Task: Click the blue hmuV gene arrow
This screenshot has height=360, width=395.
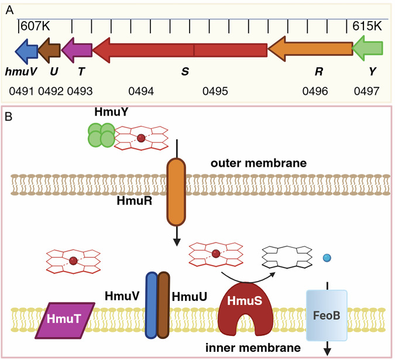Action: [27, 51]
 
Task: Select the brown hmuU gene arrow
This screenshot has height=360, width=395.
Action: [49, 50]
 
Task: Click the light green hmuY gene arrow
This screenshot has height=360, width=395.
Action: [367, 48]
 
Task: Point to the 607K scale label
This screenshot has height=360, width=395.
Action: [35, 26]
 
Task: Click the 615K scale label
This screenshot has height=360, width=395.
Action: [367, 26]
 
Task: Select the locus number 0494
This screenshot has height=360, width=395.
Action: [141, 91]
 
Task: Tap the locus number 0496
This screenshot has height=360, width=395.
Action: [315, 91]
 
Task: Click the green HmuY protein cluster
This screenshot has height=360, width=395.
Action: [101, 135]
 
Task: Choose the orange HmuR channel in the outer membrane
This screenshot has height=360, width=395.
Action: [176, 192]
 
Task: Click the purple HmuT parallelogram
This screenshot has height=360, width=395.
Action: [65, 320]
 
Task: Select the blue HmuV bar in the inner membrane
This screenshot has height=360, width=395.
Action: [152, 306]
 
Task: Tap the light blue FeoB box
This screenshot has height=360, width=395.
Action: [327, 315]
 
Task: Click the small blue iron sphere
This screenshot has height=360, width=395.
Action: [327, 258]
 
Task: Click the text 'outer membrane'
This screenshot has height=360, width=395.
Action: [259, 163]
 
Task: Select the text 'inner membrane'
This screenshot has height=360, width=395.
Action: [253, 348]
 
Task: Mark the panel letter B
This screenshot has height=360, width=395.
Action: [8, 116]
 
